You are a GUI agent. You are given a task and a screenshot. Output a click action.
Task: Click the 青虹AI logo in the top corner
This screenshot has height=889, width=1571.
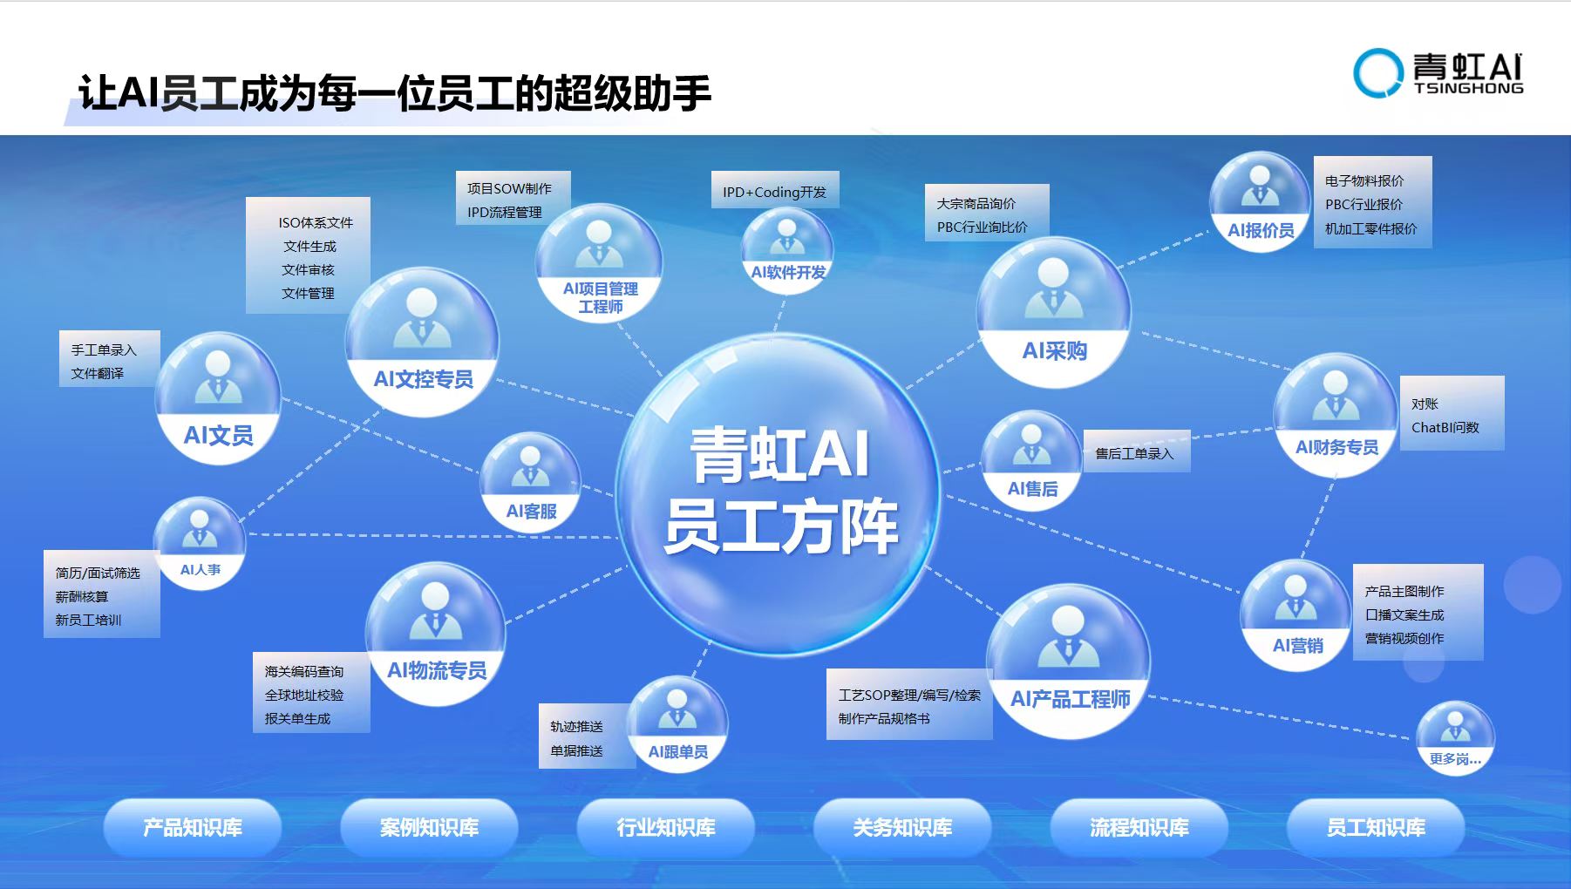pyautogui.click(x=1438, y=72)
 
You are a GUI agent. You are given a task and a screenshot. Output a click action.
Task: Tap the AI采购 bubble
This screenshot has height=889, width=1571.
pyautogui.click(x=1053, y=312)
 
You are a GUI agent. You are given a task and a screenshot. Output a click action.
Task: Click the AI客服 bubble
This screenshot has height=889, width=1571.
pyautogui.click(x=530, y=482)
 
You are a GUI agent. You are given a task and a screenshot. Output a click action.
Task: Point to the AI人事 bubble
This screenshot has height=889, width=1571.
pyautogui.click(x=200, y=543)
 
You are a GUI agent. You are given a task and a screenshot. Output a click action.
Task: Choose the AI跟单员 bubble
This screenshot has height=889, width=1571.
pyautogui.click(x=677, y=724)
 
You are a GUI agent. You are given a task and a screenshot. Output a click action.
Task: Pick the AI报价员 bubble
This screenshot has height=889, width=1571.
pyautogui.click(x=1260, y=202)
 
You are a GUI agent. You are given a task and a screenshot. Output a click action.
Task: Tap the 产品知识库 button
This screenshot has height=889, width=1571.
pyautogui.click(x=193, y=827)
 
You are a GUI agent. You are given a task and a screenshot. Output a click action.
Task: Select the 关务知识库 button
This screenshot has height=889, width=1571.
pyautogui.click(x=902, y=827)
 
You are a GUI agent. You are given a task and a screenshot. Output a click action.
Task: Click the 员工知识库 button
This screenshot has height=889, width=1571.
pyautogui.click(x=1376, y=827)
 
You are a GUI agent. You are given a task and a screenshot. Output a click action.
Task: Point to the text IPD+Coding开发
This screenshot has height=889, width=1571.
pyautogui.click(x=774, y=192)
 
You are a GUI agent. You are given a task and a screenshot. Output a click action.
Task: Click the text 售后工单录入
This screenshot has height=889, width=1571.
pyautogui.click(x=1134, y=453)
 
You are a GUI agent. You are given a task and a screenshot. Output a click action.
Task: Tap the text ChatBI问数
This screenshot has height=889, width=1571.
pyautogui.click(x=1445, y=427)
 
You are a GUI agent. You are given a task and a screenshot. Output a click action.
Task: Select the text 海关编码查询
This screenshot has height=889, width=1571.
pyautogui.click(x=304, y=671)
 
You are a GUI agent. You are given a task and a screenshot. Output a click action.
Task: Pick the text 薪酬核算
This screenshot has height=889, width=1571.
pyautogui.click(x=82, y=596)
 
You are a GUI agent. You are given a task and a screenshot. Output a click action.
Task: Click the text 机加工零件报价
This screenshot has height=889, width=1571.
pyautogui.click(x=1371, y=228)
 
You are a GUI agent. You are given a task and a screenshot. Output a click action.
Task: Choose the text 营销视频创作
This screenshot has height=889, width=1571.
pyautogui.click(x=1404, y=638)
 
